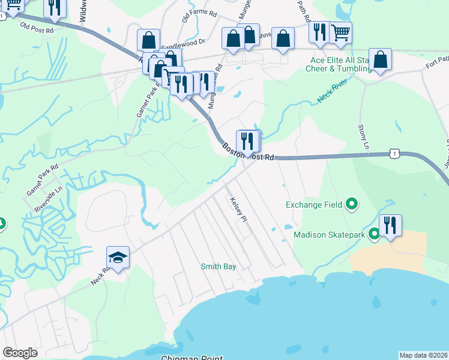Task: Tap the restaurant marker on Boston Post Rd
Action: coord(248,142)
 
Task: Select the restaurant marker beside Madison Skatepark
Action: coord(390,226)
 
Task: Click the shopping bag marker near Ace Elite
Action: coord(380,59)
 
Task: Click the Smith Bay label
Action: coord(218,266)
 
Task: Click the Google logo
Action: coord(20,353)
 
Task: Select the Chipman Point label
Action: coord(191,358)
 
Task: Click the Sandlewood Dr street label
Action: coord(183,43)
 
